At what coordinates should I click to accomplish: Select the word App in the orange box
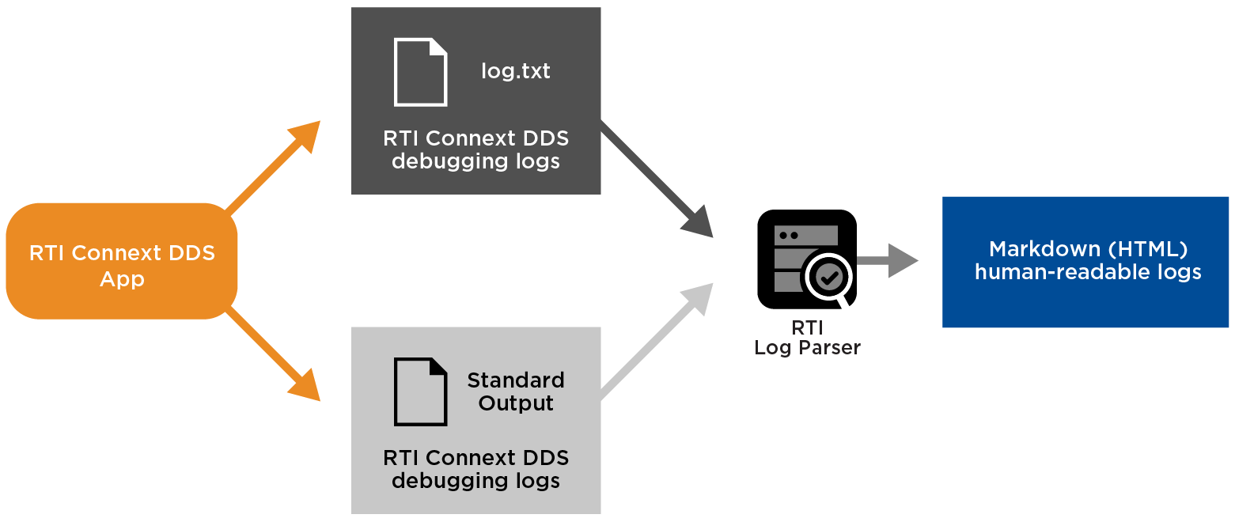122,279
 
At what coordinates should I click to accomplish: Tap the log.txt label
515,71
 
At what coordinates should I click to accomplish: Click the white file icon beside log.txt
420,72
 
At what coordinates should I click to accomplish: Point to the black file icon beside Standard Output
420,391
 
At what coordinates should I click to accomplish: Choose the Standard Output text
515,391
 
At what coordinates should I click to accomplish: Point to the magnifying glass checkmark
829,277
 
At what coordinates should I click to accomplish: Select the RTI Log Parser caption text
807,338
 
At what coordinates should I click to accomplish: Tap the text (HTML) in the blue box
1147,249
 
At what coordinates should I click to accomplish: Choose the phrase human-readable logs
1087,273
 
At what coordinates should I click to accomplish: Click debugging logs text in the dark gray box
475,161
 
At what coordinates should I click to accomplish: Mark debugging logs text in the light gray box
475,481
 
